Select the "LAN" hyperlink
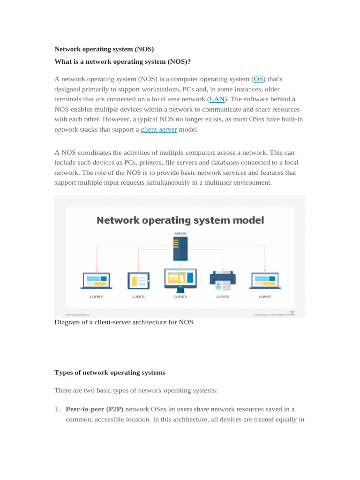point(217,99)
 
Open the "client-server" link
point(159,129)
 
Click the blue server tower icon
point(180,248)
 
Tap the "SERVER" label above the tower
point(180,233)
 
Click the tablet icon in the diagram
point(138,281)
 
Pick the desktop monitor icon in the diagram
point(180,280)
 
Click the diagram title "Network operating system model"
point(180,220)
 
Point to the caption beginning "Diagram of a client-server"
point(124,322)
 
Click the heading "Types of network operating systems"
point(110,373)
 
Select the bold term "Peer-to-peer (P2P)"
point(95,409)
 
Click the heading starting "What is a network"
point(123,61)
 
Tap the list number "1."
point(58,409)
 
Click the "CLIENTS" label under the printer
point(223,297)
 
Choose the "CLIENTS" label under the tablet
point(138,297)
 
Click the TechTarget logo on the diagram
point(292,313)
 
